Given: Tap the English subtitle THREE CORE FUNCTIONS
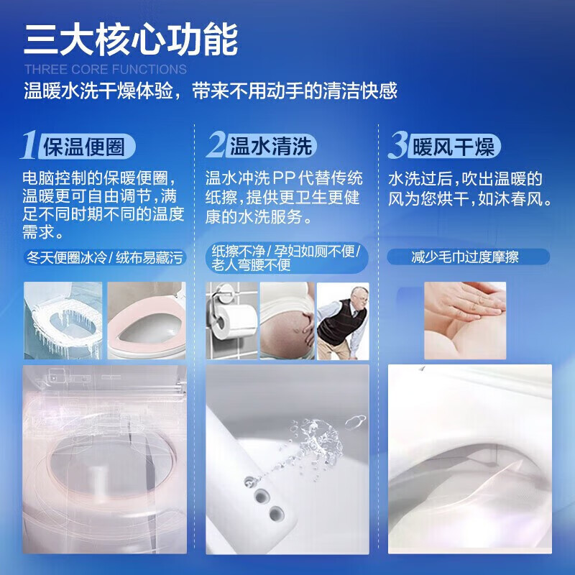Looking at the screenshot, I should coord(105,70).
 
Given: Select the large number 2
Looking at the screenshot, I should coord(216,146).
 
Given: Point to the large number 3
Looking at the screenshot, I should coord(397,146).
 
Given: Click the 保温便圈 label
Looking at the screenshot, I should coord(88,147).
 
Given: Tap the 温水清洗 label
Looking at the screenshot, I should coord(271,147).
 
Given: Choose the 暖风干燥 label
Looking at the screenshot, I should coord(454,147).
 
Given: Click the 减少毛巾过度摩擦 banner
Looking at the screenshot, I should coord(468,257).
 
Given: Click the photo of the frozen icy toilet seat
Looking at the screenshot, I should coord(63,321).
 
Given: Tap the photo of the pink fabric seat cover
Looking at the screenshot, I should coord(146,321).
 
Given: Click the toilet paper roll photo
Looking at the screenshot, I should coord(231,321).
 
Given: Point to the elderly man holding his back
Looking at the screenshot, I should coord(342,321).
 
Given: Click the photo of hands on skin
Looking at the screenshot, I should coord(465,320).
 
